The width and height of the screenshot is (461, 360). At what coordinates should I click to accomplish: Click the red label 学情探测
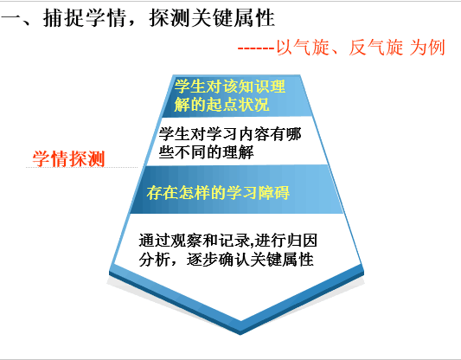pyautogui.click(x=68, y=158)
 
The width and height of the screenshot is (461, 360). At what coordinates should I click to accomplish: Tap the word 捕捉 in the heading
pyautogui.click(x=64, y=18)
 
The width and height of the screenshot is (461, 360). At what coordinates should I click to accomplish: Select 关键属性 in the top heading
pyautogui.click(x=234, y=18)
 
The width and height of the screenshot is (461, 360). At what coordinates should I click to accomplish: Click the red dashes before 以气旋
pyautogui.click(x=256, y=48)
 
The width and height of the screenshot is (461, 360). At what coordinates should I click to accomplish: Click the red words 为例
pyautogui.click(x=427, y=48)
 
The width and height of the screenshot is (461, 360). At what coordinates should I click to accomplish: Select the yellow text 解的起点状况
pyautogui.click(x=221, y=104)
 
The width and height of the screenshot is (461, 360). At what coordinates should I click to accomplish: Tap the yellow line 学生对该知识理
pyautogui.click(x=229, y=87)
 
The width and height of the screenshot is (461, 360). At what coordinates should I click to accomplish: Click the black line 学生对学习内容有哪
pyautogui.click(x=230, y=134)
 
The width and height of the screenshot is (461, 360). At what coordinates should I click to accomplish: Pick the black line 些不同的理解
pyautogui.click(x=206, y=152)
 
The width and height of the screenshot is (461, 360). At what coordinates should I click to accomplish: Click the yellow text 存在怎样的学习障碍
pyautogui.click(x=218, y=193)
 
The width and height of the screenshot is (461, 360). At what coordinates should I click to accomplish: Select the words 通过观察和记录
pyautogui.click(x=195, y=241)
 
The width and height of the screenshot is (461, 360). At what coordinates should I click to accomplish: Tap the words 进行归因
pyautogui.click(x=285, y=241)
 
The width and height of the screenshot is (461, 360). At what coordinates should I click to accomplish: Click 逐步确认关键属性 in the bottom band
pyautogui.click(x=250, y=260)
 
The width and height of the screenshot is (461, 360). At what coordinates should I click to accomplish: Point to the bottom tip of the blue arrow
pyautogui.click(x=240, y=334)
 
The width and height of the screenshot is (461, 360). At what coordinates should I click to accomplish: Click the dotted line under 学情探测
pyautogui.click(x=81, y=167)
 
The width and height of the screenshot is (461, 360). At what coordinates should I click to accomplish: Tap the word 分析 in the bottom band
pyautogui.click(x=154, y=260)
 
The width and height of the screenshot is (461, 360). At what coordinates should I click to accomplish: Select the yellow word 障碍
pyautogui.click(x=274, y=193)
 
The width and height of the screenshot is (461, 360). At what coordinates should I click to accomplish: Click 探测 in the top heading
pyautogui.click(x=170, y=18)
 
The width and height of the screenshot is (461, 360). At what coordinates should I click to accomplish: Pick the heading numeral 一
pyautogui.click(x=11, y=19)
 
